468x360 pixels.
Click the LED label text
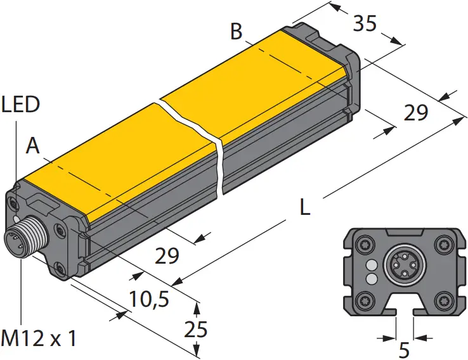(20, 105)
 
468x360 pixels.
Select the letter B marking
(237, 31)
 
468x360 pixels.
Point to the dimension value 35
(365, 23)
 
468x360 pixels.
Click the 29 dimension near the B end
(416, 113)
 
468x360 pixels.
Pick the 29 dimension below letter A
(167, 255)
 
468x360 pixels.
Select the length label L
(305, 208)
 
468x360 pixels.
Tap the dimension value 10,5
(149, 299)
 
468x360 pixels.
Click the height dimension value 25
(193, 330)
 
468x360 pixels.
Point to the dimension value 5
(405, 349)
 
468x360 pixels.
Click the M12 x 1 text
(39, 339)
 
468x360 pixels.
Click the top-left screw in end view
(366, 243)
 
